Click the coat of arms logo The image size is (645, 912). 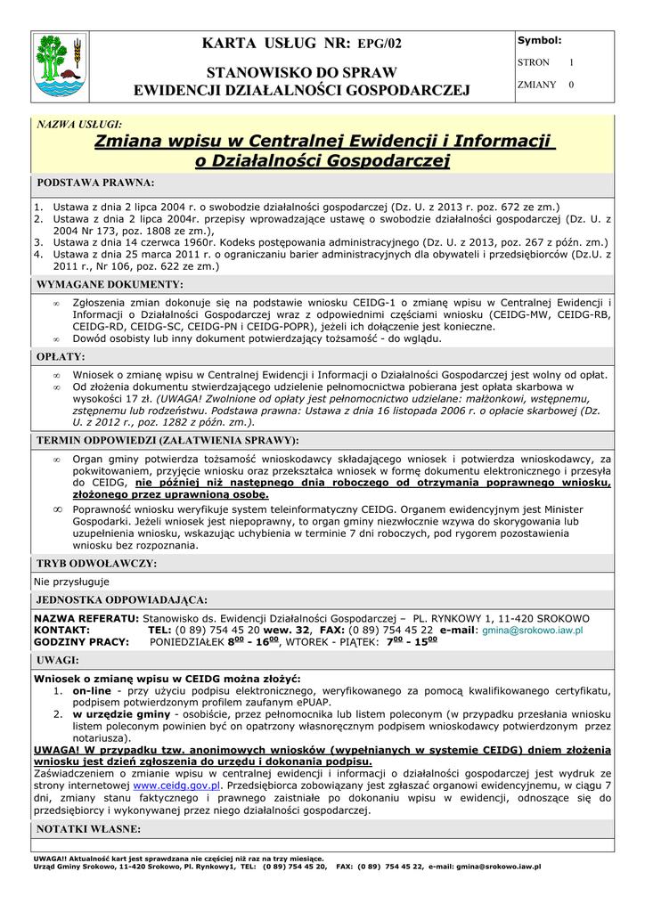coord(58,65)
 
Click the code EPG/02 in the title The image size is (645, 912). coord(380,44)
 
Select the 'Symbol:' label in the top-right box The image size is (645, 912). coord(540,41)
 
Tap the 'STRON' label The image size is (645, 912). coord(534,63)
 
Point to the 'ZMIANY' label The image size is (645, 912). coord(537,85)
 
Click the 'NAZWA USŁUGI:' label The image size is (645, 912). coord(78,125)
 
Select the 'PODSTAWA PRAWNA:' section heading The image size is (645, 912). coord(95,183)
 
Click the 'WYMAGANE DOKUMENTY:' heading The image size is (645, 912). coord(109,285)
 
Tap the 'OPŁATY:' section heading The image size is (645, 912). coord(61,356)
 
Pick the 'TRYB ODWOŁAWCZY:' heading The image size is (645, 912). coord(96,564)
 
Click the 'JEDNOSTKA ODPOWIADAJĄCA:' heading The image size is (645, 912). coord(121,599)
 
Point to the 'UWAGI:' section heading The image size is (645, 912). coord(58,660)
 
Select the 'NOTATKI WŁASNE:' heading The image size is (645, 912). coord(88,829)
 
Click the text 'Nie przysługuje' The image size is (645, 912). coord(71,582)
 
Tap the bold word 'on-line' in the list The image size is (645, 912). coord(92,690)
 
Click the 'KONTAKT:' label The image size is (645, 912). coord(61,630)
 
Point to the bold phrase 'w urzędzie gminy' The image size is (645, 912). coord(121,714)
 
